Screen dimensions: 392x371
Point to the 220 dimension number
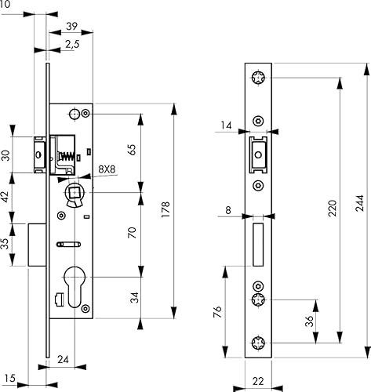[x=332, y=209]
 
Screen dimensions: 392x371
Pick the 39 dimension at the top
[x=71, y=26]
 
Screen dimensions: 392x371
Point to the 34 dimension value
[x=133, y=297]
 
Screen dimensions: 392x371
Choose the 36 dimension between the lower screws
[x=308, y=321]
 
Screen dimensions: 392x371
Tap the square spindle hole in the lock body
[x=75, y=190]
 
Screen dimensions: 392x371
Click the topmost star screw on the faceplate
[x=257, y=78]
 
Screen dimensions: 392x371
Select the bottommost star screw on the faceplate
[x=257, y=343]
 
